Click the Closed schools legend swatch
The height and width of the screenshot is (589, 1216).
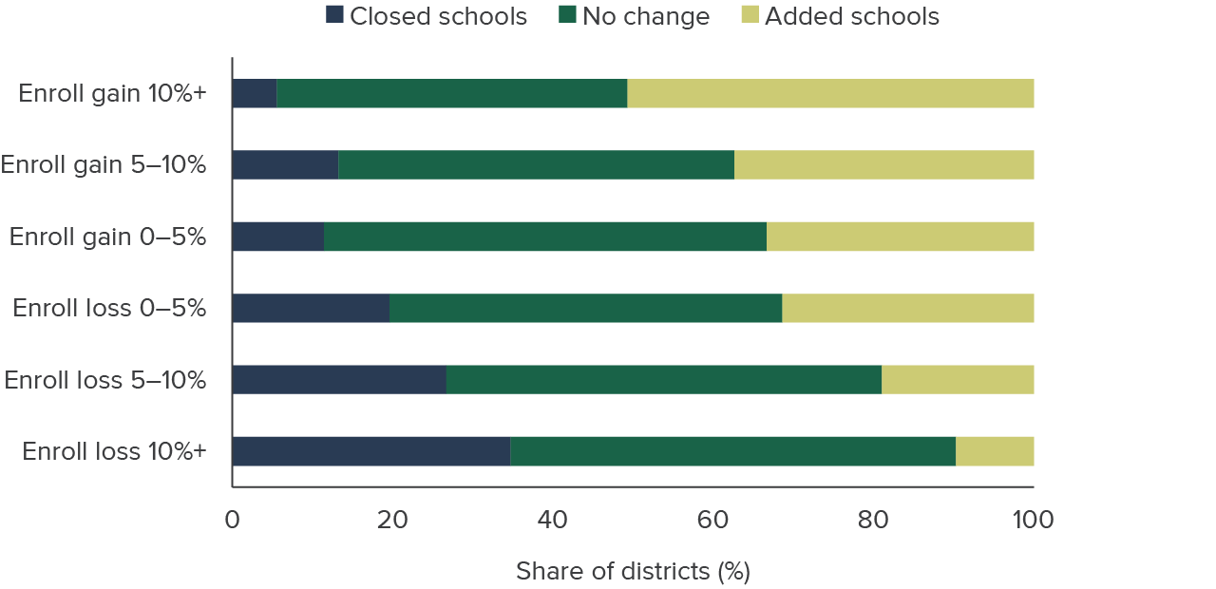[335, 15]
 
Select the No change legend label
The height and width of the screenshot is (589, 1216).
[646, 16]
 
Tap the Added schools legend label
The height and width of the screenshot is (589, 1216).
[851, 16]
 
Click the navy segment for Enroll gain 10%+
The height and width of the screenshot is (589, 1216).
[255, 93]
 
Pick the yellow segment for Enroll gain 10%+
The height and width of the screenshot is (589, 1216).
[830, 93]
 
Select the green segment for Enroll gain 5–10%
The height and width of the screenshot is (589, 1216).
[536, 164]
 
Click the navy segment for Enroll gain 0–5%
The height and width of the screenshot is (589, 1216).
[277, 237]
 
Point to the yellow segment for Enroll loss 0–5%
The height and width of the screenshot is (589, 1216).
[907, 308]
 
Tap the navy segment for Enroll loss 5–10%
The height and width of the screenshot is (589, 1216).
[338, 379]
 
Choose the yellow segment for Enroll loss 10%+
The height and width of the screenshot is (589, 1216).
[995, 451]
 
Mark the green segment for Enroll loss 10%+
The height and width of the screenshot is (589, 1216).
[732, 451]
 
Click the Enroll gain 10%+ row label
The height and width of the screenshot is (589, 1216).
[112, 93]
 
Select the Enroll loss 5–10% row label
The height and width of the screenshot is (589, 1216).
[104, 380]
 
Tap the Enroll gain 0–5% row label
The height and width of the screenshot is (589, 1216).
[107, 237]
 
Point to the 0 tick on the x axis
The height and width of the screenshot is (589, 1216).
[232, 520]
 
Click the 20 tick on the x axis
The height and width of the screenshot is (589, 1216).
[391, 520]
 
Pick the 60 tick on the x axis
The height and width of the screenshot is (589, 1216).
[712, 520]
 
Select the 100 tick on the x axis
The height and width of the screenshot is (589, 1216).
[1033, 520]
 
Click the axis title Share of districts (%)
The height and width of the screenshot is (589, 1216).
[633, 571]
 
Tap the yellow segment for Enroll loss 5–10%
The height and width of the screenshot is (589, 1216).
[958, 379]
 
